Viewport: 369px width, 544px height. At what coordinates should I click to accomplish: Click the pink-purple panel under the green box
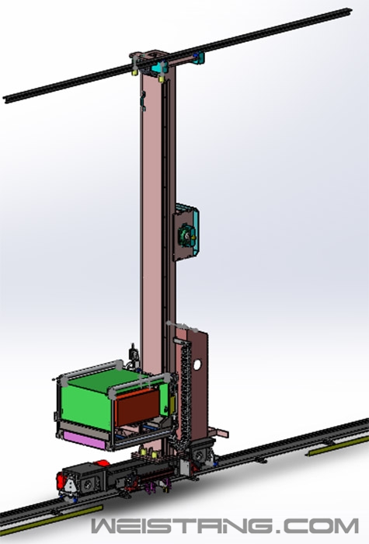pyautogui.click(x=85, y=440)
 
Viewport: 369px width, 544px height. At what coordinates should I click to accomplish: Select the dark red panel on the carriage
pyautogui.click(x=138, y=407)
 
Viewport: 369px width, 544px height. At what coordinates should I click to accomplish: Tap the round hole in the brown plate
pyautogui.click(x=197, y=364)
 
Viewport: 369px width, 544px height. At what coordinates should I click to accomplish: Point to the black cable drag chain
pyautogui.click(x=186, y=392)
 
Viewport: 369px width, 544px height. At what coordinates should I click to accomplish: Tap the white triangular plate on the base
pyautogui.click(x=71, y=485)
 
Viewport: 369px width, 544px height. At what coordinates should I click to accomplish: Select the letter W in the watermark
pyautogui.click(x=106, y=525)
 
